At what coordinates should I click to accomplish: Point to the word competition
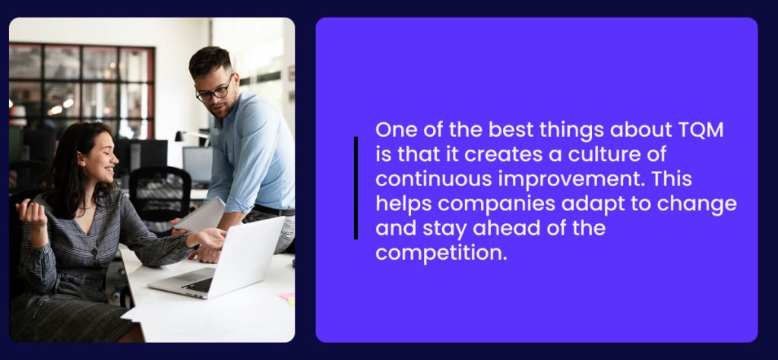pos(441,253)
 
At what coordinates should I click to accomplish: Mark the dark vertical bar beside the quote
pos(356,188)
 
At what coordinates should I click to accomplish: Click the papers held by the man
pos(201,216)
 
